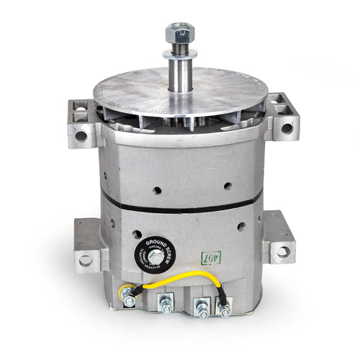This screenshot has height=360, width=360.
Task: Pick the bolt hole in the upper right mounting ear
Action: click(x=287, y=128)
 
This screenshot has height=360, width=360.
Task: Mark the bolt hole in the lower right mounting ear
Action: click(x=284, y=251)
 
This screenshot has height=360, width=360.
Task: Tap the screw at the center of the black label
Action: click(x=156, y=257)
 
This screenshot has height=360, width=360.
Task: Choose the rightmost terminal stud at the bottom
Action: click(x=225, y=307)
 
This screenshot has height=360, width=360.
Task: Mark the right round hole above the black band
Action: click(x=228, y=186)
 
